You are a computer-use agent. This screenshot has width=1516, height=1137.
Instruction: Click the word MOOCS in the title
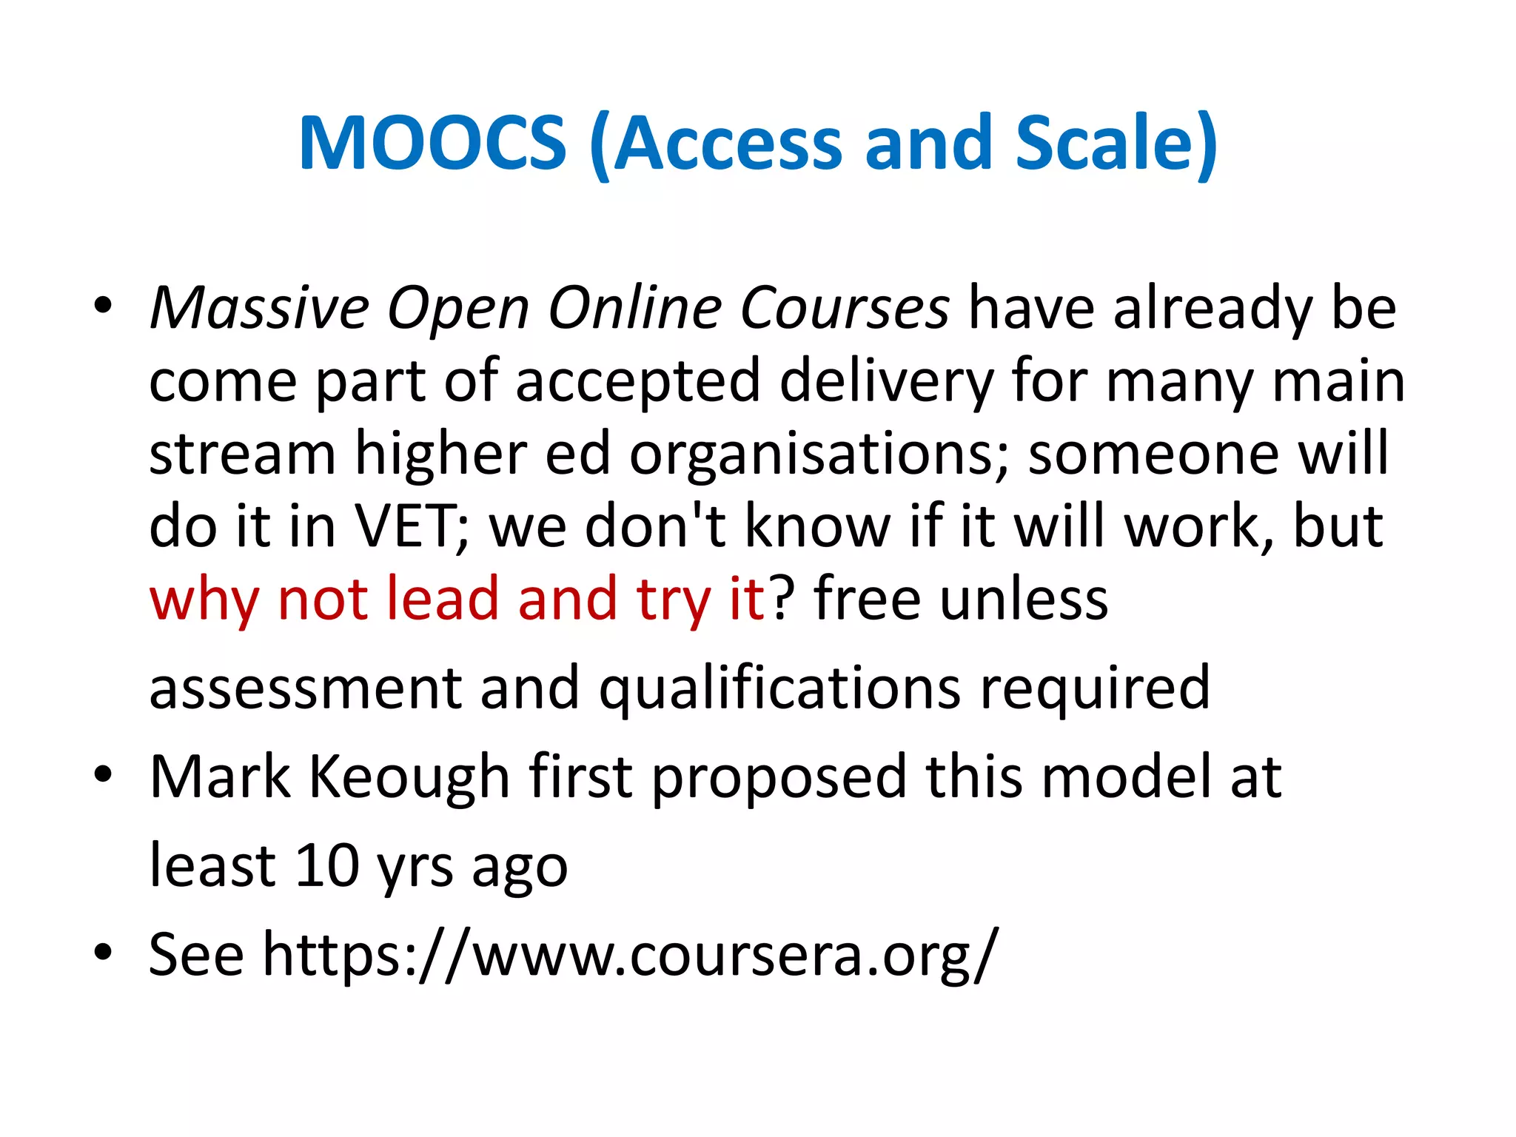tap(432, 144)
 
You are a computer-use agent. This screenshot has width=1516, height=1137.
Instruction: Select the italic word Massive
tap(259, 308)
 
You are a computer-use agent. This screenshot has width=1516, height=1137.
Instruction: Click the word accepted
tap(637, 382)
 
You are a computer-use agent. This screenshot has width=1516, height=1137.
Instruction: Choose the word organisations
tap(819, 455)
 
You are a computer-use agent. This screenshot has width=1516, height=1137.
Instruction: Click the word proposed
tap(779, 777)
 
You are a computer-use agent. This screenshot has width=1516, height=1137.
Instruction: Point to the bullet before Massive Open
tap(103, 306)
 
